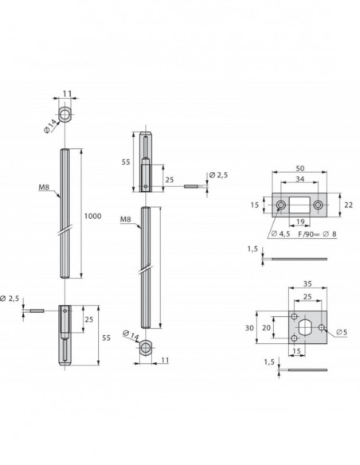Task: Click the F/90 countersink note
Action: (306, 234)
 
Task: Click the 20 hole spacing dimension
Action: (267, 326)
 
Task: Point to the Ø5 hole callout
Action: (340, 331)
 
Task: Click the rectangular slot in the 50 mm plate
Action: (299, 205)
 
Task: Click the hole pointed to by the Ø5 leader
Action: (322, 327)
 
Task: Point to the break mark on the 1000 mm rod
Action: (69, 232)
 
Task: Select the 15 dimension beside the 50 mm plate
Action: (253, 205)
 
